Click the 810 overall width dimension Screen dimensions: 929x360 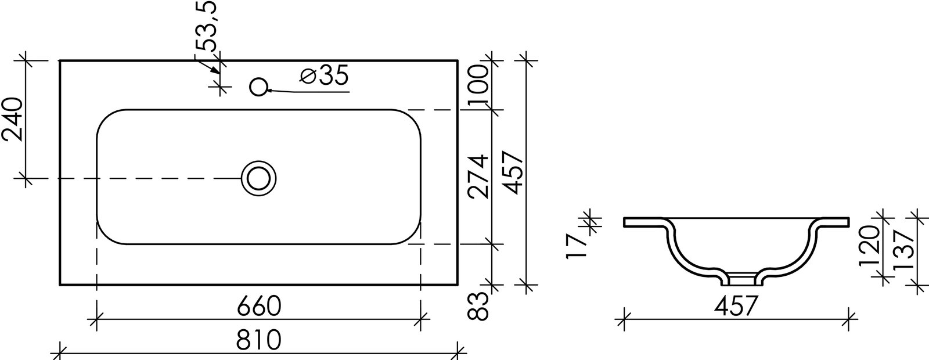pyautogui.click(x=259, y=340)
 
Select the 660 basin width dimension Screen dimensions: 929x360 pyautogui.click(x=259, y=306)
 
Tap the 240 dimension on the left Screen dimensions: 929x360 pyautogui.click(x=12, y=120)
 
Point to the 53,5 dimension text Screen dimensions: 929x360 pyautogui.click(x=206, y=26)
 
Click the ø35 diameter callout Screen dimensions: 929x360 pyautogui.click(x=325, y=75)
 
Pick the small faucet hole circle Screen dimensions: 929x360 pyautogui.click(x=258, y=87)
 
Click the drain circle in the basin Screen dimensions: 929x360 pyautogui.click(x=259, y=178)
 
